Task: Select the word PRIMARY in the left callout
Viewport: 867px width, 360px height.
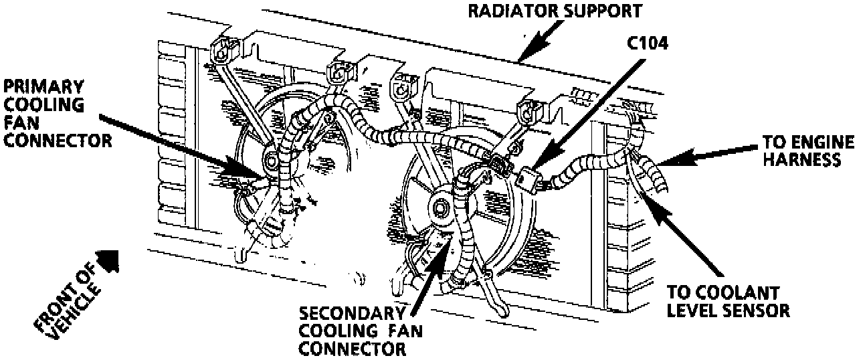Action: (x=44, y=86)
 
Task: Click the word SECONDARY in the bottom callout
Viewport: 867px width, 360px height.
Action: (x=352, y=314)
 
